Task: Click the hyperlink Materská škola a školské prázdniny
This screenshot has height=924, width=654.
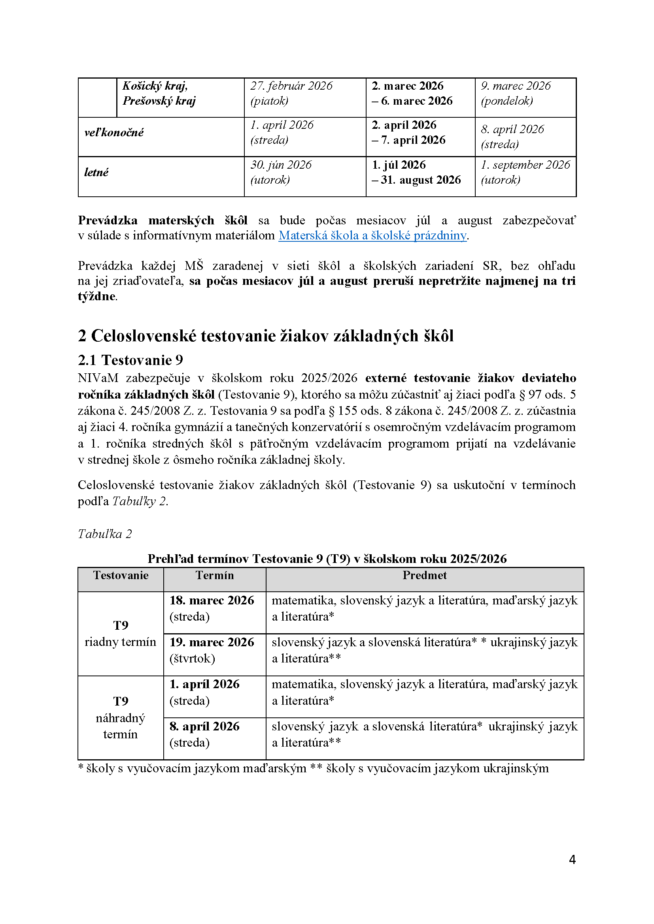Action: pos(372,235)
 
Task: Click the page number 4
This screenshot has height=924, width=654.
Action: pos(572,859)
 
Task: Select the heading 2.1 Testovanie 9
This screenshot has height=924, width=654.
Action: pos(130,360)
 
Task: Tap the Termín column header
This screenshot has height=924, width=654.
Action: pos(215,576)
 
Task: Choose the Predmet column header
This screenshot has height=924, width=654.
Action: pos(424,576)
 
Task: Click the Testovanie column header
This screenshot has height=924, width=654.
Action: pos(121,576)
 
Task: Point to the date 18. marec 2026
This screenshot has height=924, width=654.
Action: pos(212,600)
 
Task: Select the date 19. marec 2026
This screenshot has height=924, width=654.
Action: pos(212,642)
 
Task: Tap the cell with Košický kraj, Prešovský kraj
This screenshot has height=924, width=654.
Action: pos(159,93)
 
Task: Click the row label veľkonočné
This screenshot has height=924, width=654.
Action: pos(114,132)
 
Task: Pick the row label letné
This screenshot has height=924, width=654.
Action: pos(96,172)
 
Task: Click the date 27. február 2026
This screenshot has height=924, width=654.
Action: pos(291,86)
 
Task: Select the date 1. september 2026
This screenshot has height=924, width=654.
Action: pos(525,165)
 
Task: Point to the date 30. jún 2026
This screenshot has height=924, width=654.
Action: pos(281,165)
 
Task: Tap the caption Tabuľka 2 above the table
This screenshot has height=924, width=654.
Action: pos(105,534)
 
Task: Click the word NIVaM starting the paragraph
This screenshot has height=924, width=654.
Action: pos(98,378)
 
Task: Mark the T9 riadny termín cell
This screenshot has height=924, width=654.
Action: pos(121,633)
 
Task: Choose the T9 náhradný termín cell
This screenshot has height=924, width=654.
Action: pos(121,717)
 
